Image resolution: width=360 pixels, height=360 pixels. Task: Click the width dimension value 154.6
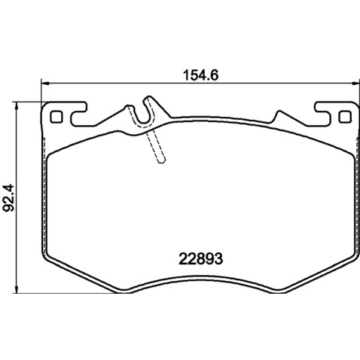[201, 75]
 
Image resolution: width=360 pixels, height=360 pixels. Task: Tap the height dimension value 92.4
[8, 197]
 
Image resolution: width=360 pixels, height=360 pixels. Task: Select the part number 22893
[201, 258]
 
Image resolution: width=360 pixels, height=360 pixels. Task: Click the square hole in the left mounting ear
[56, 117]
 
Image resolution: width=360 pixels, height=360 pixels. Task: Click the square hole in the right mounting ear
[345, 117]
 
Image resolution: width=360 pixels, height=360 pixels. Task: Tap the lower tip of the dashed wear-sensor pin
[163, 161]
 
